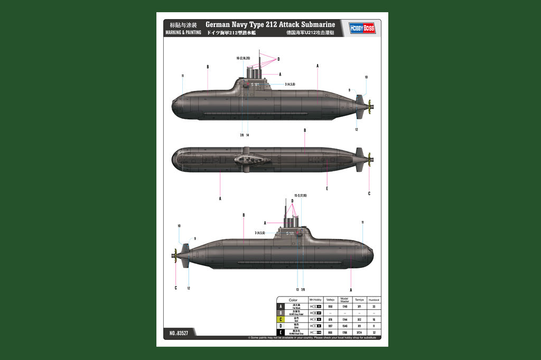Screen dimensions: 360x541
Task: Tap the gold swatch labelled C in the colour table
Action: [x=280, y=319]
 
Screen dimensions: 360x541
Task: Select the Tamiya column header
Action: [x=359, y=300]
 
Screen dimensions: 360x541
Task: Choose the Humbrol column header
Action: [x=374, y=300]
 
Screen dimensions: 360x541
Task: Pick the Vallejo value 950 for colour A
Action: [x=331, y=306]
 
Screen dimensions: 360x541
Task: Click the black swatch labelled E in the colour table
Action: [x=280, y=333]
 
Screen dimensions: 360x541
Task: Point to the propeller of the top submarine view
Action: [x=369, y=107]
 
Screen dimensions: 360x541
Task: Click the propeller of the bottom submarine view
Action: [x=175, y=256]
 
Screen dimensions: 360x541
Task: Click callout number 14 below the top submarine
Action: [x=247, y=135]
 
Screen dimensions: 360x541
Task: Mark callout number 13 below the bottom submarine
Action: [x=297, y=289]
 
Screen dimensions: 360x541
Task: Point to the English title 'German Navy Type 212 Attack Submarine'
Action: [x=270, y=24]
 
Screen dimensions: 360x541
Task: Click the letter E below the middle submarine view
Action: [x=327, y=188]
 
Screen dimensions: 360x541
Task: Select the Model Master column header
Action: [x=345, y=300]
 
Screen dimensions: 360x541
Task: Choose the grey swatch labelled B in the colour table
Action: [x=280, y=313]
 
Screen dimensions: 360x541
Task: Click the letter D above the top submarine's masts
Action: [x=278, y=59]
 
